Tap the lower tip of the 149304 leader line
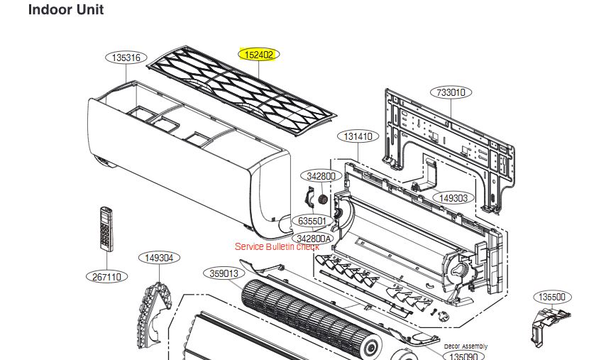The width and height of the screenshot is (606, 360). pyautogui.click(x=159, y=283)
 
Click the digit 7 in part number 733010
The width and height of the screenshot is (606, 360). pyautogui.click(x=439, y=93)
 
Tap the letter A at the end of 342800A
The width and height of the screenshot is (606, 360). pyautogui.click(x=328, y=239)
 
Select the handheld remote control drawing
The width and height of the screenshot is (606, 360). pyautogui.click(x=106, y=229)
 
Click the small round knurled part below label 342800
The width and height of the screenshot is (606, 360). pyautogui.click(x=322, y=200)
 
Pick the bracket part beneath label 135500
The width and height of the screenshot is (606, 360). pyautogui.click(x=548, y=324)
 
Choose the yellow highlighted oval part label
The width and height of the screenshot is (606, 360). pyautogui.click(x=258, y=55)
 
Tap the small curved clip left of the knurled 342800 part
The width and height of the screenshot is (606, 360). pyautogui.click(x=309, y=197)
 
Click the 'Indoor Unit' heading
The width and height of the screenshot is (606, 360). pyautogui.click(x=66, y=9)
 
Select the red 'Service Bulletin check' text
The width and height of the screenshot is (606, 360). pyautogui.click(x=277, y=246)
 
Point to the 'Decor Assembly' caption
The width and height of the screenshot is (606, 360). pyautogui.click(x=465, y=346)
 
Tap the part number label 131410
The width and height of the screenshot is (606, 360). pyautogui.click(x=358, y=136)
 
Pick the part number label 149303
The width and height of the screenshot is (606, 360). pyautogui.click(x=453, y=198)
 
